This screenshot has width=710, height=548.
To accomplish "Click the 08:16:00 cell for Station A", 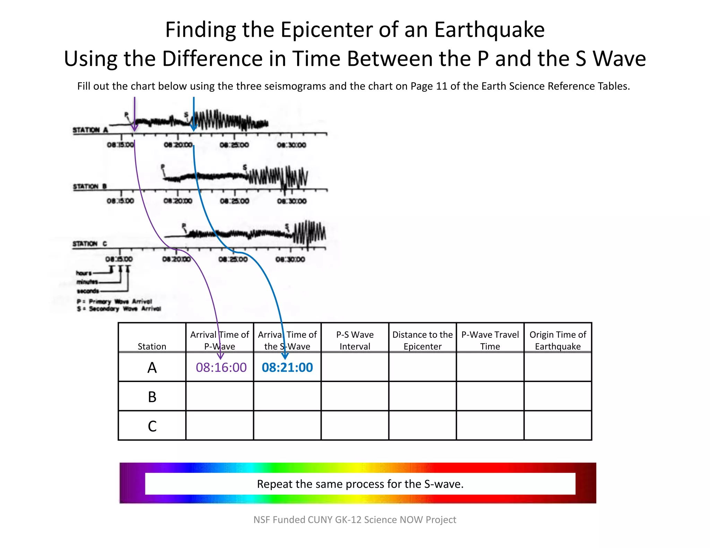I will tap(221, 367).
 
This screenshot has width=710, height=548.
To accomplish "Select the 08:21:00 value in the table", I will tap(287, 367).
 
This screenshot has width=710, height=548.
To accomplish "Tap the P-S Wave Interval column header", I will tap(355, 340).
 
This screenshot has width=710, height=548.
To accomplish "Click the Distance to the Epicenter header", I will tap(422, 340).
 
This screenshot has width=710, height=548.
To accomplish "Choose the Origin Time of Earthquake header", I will tap(557, 340).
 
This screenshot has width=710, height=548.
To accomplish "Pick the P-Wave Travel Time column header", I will tap(490, 340).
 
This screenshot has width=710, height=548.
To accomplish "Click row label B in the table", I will tap(152, 397).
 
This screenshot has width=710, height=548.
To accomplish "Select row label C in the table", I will tap(152, 426).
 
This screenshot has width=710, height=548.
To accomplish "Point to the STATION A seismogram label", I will tap(90, 130).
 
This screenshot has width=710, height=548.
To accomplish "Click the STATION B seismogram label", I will tap(89, 186).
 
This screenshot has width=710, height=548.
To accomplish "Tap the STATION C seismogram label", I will tap(89, 244).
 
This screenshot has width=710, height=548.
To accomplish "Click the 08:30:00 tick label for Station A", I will tap(291, 145).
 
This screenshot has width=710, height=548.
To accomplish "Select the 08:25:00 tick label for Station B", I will tap(234, 201).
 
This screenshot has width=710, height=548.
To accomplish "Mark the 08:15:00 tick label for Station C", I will tap(119, 259).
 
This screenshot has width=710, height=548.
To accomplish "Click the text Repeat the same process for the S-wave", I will tap(360, 484).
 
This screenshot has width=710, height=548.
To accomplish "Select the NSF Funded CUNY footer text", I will tap(355, 520).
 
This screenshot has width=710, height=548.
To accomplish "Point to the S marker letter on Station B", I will tap(245, 168).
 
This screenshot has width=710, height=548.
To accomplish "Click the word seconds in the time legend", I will tap(88, 291).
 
